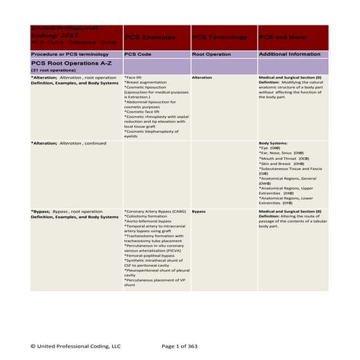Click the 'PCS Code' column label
(137, 55)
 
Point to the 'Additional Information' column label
(288, 55)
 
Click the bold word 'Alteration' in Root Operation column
(203, 76)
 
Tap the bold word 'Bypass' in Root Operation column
(199, 212)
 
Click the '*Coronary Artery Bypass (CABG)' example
(155, 212)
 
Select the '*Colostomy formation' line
(145, 216)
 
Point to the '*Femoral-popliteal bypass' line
(149, 255)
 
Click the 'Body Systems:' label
(273, 144)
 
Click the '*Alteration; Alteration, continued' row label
(68, 144)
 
